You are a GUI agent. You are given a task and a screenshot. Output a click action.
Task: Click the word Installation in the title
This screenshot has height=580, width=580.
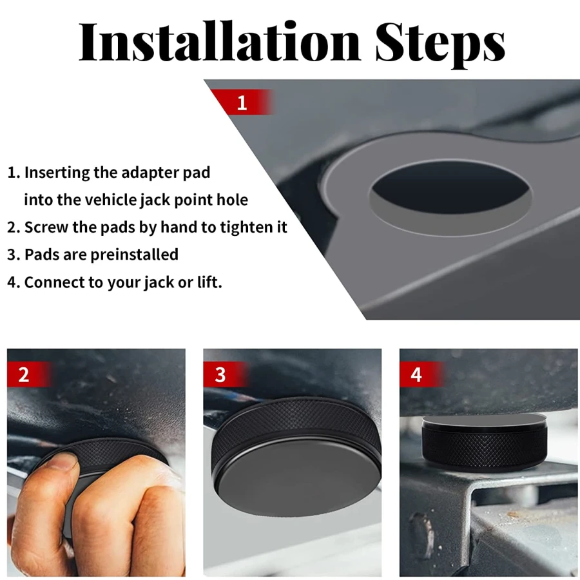point(220,41)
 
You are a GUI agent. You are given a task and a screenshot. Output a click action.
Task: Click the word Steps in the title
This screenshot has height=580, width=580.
point(440,44)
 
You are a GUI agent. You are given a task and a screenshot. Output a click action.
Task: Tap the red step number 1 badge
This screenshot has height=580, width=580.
point(243,102)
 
